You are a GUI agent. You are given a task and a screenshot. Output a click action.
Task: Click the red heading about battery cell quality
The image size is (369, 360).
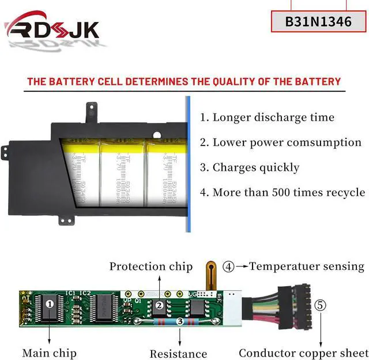click(184, 81)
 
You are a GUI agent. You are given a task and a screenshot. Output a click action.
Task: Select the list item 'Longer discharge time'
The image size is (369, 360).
click(267, 117)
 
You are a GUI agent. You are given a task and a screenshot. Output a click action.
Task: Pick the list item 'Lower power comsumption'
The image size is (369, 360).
click(281, 142)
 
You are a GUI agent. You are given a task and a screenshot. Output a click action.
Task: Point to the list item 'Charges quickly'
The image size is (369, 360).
click(250, 167)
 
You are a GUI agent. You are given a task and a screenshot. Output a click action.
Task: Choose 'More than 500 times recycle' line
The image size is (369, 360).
click(283, 192)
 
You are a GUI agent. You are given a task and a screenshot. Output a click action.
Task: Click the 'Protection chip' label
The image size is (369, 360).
click(151, 266)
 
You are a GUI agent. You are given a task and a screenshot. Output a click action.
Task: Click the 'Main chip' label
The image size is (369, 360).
click(49, 352)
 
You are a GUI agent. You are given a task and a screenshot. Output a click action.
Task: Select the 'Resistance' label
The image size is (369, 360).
click(178, 354)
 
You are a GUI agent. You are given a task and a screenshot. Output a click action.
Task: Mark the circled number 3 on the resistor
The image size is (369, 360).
click(180, 321)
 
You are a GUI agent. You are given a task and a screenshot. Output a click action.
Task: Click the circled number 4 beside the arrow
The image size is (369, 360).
click(229, 267)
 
